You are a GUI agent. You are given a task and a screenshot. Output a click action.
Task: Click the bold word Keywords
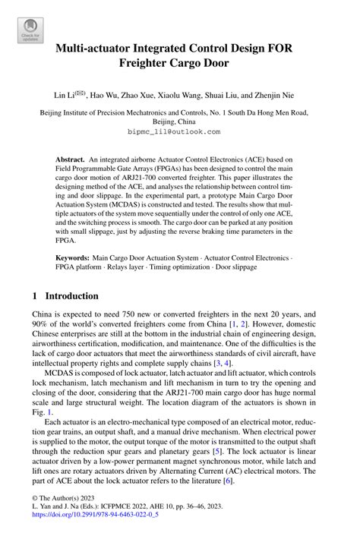[73, 259]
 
